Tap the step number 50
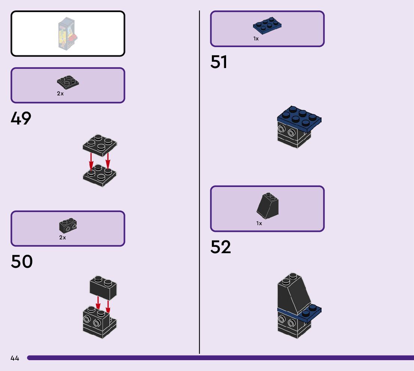(x=22, y=261)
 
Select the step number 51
(x=219, y=62)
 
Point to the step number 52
(x=220, y=247)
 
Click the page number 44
(x=15, y=358)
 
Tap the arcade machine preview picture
(x=68, y=34)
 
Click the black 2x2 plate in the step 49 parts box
(x=68, y=82)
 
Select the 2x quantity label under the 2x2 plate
(x=60, y=93)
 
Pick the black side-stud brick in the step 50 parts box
(x=68, y=226)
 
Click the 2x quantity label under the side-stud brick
(x=63, y=237)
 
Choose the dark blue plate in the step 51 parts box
(x=267, y=26)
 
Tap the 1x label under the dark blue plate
(x=256, y=39)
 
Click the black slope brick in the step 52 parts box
(x=268, y=206)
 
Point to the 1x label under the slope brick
(x=259, y=223)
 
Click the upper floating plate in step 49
(x=100, y=145)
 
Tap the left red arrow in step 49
(x=91, y=162)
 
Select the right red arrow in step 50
(x=108, y=306)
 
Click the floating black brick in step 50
(x=103, y=288)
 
